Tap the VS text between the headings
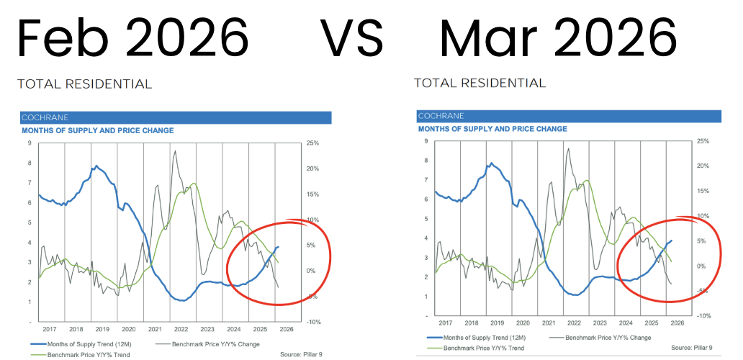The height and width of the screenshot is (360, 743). tap(351, 37)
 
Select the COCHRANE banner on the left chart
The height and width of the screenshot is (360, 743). tap(175, 117)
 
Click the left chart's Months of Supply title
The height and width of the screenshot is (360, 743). tap(98, 131)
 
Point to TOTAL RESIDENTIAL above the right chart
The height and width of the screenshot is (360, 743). tap(479, 84)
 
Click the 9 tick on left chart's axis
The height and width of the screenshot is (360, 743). tap(30, 143)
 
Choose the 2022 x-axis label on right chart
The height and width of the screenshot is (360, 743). tap(575, 324)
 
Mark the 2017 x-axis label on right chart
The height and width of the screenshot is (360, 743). tap(446, 324)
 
